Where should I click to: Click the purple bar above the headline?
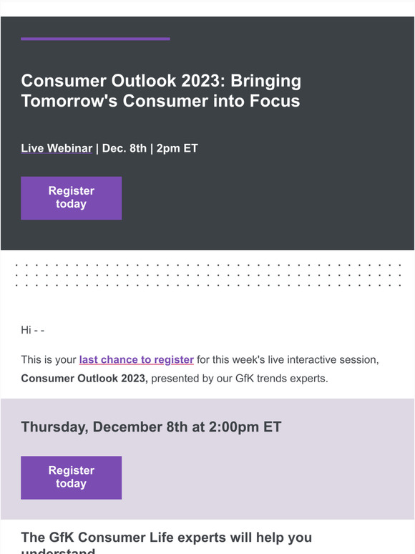[x=95, y=39]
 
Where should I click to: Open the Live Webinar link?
[x=57, y=149]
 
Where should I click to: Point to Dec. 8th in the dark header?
[x=124, y=149]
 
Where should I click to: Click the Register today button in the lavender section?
[x=71, y=477]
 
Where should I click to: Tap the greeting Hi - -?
[x=33, y=330]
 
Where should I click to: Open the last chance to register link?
[x=136, y=359]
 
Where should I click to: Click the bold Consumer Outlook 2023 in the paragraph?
[x=84, y=378]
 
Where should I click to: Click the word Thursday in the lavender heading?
[x=53, y=427]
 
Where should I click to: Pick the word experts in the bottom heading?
[x=215, y=537]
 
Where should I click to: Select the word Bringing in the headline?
[x=265, y=81]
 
